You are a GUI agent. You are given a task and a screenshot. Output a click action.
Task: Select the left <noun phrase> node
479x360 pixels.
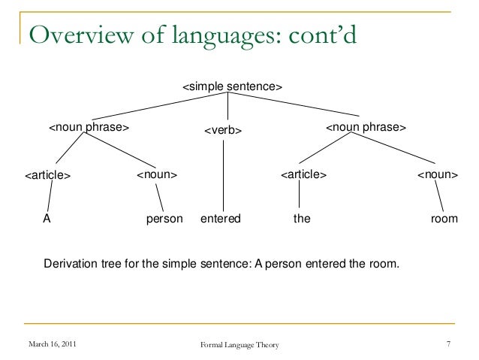pyautogui.click(x=89, y=128)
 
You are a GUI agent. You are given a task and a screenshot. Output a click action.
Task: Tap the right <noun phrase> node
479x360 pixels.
pyautogui.click(x=366, y=128)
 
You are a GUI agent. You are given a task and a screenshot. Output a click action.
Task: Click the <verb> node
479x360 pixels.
pyautogui.click(x=224, y=131)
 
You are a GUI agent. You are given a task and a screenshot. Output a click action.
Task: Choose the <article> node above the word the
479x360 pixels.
pyautogui.click(x=303, y=175)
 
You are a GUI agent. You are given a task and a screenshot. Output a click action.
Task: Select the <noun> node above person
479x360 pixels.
pyautogui.click(x=156, y=175)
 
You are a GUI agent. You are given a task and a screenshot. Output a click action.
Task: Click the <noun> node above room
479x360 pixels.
pyautogui.click(x=438, y=175)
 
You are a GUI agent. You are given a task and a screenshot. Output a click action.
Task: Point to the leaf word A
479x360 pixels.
pyautogui.click(x=46, y=219)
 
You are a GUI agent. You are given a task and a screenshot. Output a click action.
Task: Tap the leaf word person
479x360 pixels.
pyautogui.click(x=164, y=219)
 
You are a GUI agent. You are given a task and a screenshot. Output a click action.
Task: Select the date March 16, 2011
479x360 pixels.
pyautogui.click(x=51, y=344)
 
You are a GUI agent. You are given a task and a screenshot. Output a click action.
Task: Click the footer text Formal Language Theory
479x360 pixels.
pyautogui.click(x=239, y=345)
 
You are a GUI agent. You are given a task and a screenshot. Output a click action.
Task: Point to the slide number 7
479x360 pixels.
pyautogui.click(x=447, y=344)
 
